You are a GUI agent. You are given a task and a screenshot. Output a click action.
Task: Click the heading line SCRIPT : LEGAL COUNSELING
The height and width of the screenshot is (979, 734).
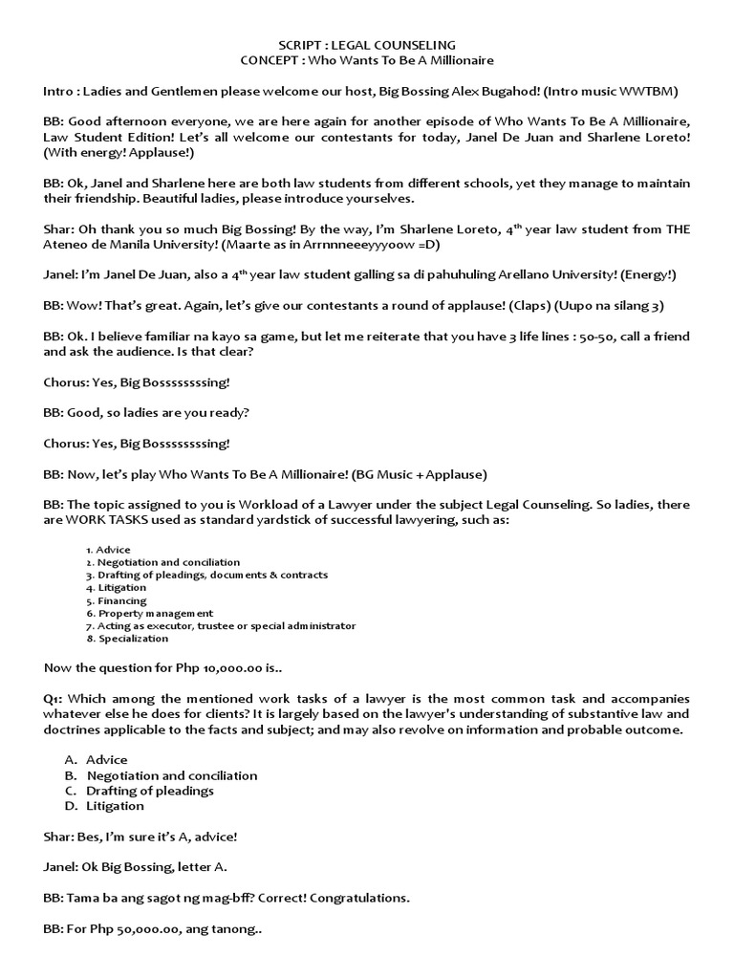click(367, 45)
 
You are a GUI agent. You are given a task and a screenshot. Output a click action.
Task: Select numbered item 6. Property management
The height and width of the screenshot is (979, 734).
click(149, 614)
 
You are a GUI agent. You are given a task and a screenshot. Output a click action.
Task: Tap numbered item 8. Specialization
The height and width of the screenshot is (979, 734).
click(126, 639)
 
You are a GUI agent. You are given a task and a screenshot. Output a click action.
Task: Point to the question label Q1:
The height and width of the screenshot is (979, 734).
click(54, 699)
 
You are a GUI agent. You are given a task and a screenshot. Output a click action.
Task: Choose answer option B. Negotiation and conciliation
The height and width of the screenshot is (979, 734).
click(162, 775)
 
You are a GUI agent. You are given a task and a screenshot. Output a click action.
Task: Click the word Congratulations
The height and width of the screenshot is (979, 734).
click(356, 899)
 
